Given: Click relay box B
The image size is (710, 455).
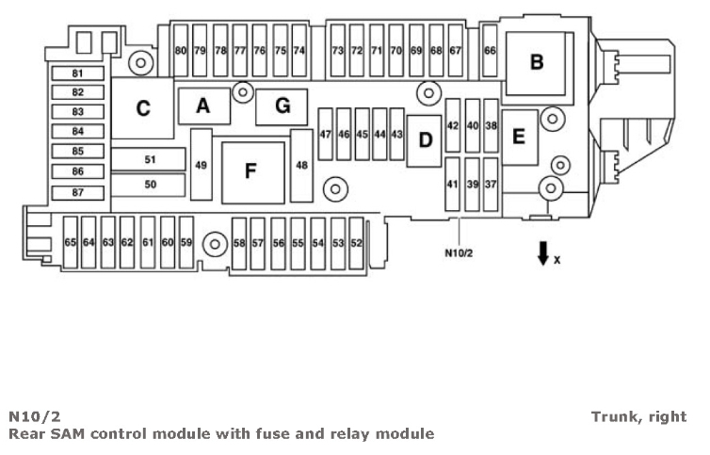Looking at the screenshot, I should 537,62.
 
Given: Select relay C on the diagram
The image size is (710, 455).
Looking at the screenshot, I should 142,108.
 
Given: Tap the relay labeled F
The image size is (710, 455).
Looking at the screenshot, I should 250,171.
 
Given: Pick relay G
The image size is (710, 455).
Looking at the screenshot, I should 282,106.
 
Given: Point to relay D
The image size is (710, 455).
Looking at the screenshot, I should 425,140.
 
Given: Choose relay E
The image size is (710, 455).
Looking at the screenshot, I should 518,136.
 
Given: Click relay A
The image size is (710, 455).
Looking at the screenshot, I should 202,106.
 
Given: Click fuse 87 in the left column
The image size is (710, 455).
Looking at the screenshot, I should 78,193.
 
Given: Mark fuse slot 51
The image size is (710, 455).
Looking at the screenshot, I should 149,159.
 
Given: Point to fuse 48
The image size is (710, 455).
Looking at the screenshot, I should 301,166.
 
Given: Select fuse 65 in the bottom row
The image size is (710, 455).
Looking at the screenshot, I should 70,242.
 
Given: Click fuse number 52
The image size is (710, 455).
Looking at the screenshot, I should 356,242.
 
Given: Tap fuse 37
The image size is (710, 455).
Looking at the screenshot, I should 491,185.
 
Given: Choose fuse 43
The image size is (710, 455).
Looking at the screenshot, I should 396,135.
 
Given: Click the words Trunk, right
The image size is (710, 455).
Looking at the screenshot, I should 638,416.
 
